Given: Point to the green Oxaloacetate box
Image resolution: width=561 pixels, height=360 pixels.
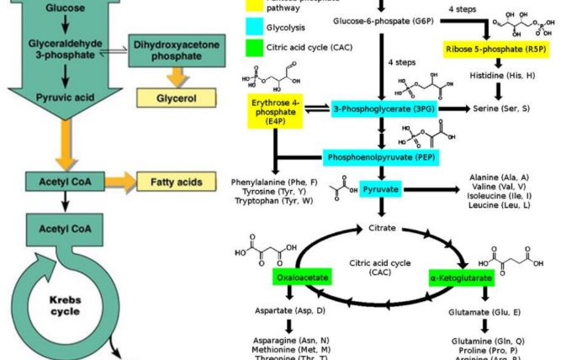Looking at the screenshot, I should click(x=299, y=277).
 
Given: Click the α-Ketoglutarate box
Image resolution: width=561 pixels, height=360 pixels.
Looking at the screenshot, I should click(x=461, y=277).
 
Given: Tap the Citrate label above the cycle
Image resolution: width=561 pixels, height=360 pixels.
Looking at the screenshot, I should click(x=383, y=228).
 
